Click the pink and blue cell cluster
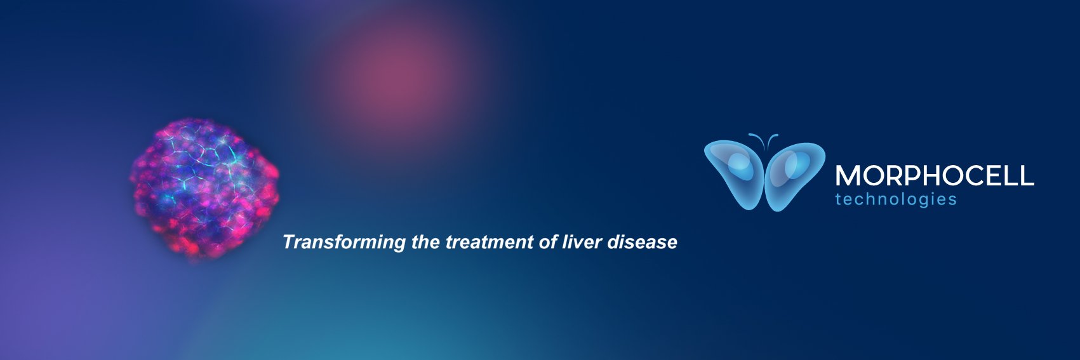[204, 190]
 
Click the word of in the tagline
[548, 243]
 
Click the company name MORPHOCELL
[934, 176]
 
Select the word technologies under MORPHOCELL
[895, 199]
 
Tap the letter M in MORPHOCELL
[847, 176]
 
